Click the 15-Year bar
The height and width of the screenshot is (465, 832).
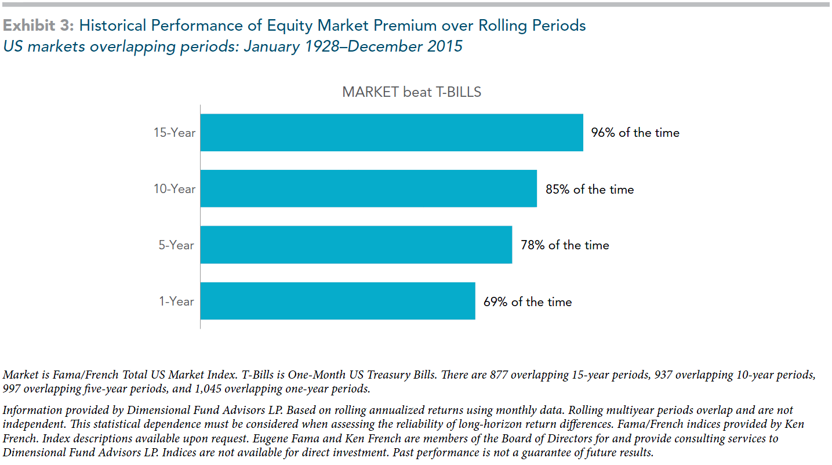click(x=391, y=133)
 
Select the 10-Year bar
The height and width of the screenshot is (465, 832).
click(x=369, y=188)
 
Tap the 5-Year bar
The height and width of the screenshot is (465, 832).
click(x=356, y=245)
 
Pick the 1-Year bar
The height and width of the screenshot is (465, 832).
click(x=337, y=301)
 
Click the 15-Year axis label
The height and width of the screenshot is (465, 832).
click(x=175, y=133)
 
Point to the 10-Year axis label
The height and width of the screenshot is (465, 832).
click(x=175, y=189)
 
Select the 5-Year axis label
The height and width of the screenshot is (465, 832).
click(x=176, y=245)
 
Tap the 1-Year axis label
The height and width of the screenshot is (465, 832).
click(x=176, y=301)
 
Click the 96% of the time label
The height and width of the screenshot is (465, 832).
click(x=635, y=133)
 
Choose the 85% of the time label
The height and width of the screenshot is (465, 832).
click(x=590, y=190)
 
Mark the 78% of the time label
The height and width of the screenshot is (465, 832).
click(x=565, y=245)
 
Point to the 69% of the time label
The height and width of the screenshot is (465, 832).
click(x=528, y=301)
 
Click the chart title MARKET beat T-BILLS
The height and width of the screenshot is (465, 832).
click(x=412, y=92)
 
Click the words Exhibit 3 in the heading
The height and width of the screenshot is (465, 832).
click(x=39, y=26)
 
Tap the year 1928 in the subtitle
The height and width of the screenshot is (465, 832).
click(x=322, y=46)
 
